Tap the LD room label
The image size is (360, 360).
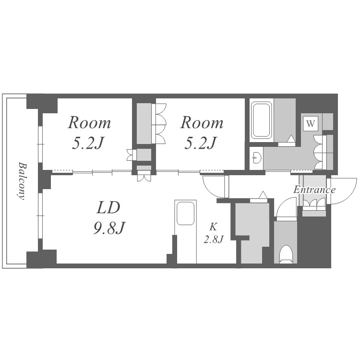108,207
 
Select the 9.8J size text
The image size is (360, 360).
108,228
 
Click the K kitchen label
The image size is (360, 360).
213,227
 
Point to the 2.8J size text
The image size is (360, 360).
214,240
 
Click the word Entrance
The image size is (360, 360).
314,190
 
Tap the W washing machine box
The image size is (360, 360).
311,124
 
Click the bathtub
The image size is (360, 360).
261,120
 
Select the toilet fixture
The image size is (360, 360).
286,254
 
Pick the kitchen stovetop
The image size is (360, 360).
185,213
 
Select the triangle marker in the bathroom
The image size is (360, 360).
291,139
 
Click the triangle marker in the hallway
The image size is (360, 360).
264,195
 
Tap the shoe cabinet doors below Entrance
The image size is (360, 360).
314,203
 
